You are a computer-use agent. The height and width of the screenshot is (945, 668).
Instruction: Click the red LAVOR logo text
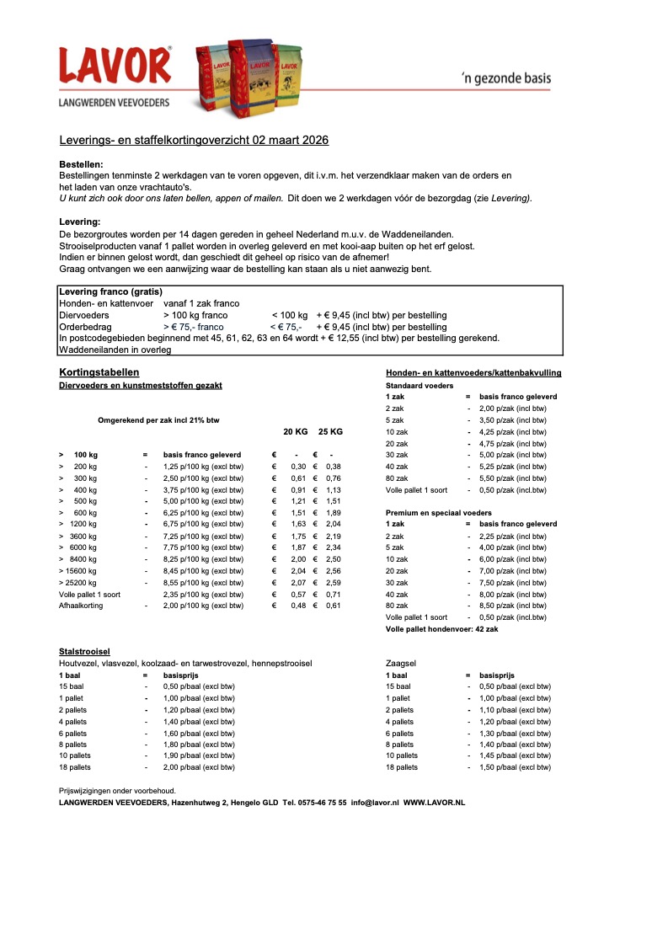[114, 66]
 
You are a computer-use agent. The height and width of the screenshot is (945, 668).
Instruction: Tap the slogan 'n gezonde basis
[506, 79]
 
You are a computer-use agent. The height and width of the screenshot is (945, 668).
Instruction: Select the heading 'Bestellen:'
[82, 164]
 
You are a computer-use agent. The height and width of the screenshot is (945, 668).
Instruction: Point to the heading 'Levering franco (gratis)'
[110, 291]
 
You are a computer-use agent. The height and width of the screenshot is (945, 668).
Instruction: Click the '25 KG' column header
[330, 432]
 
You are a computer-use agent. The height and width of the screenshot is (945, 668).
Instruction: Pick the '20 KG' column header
[295, 432]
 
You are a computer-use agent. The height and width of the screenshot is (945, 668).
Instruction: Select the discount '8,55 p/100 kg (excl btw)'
[203, 583]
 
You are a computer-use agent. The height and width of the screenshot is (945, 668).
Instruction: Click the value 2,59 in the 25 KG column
[332, 583]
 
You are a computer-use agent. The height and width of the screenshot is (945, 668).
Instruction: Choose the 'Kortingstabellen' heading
[99, 372]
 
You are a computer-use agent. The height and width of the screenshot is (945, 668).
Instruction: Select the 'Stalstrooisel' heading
[84, 651]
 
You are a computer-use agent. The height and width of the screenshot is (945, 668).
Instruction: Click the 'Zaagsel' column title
[400, 664]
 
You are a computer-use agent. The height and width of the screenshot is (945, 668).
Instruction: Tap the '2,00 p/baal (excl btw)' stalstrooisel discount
[199, 768]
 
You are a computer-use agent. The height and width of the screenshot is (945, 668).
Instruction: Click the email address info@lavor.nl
[375, 804]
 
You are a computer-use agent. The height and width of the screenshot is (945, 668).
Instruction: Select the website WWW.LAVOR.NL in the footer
[434, 804]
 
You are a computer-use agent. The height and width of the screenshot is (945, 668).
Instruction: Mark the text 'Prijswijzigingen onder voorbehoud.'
[117, 792]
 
